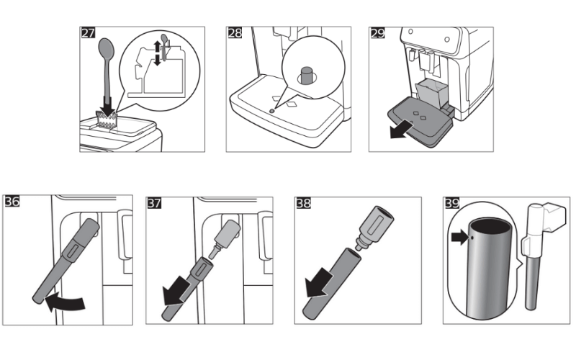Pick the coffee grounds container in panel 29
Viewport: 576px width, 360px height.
(431, 92)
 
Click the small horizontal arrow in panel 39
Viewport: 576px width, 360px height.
(458, 234)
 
